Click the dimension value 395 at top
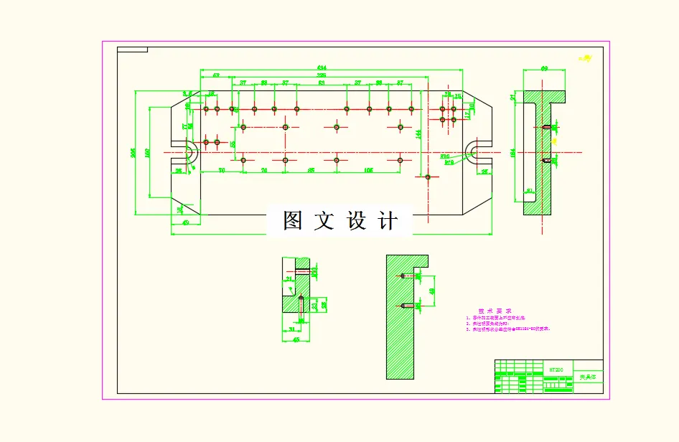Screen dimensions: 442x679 coord(322,75)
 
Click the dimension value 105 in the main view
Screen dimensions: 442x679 coord(368,170)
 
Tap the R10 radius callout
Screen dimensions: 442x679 coord(444,156)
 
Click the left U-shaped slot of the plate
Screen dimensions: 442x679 coord(192,152)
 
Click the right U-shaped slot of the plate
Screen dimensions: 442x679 coord(474,152)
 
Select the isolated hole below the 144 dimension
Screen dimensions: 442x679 coord(428,177)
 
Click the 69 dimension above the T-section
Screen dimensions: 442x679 coord(544,69)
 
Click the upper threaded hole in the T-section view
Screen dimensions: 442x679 coord(547,128)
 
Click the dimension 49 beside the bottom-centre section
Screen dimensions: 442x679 coord(431,291)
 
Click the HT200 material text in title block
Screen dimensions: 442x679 coord(556,370)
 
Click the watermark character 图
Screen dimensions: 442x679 coord(292,221)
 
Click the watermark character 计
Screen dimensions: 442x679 coord(388,221)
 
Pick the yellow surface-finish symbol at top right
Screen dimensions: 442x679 coord(585,57)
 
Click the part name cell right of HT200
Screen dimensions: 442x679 coord(588,375)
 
